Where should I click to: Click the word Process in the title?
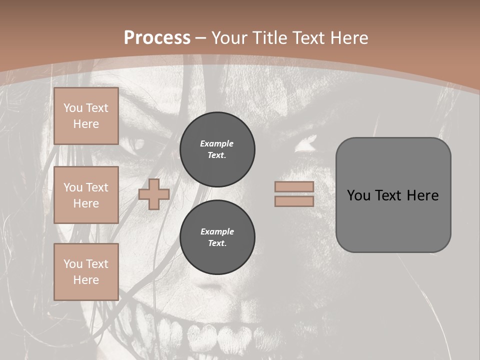pos(157,38)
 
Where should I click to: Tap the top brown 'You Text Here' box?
pos(86,116)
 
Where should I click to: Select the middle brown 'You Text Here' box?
pos(86,195)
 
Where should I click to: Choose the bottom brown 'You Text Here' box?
pos(86,271)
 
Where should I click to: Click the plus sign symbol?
pos(154,194)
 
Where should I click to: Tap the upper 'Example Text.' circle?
pos(217,149)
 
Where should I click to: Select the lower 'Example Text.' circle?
pos(217,237)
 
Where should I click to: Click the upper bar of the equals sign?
pos(294,187)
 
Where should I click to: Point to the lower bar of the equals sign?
pos(294,201)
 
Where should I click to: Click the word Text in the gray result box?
pos(390,195)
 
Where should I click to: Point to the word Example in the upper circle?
pos(216,143)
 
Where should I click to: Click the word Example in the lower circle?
pos(217,231)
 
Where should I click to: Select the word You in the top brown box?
pos(72,108)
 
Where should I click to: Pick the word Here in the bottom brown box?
pos(86,280)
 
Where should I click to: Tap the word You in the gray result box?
pos(358,195)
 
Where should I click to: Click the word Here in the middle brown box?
pos(86,203)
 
